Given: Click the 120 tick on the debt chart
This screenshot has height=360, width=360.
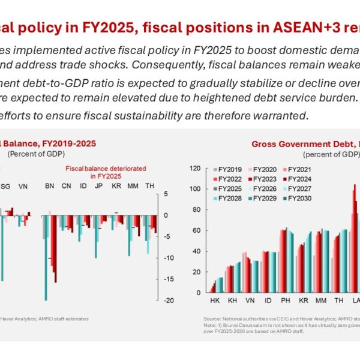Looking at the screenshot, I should pyautogui.click(x=194, y=168).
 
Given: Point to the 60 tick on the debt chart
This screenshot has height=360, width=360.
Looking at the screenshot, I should pyautogui.click(x=196, y=230).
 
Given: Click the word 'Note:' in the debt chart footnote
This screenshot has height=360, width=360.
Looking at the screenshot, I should pyautogui.click(x=210, y=325).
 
